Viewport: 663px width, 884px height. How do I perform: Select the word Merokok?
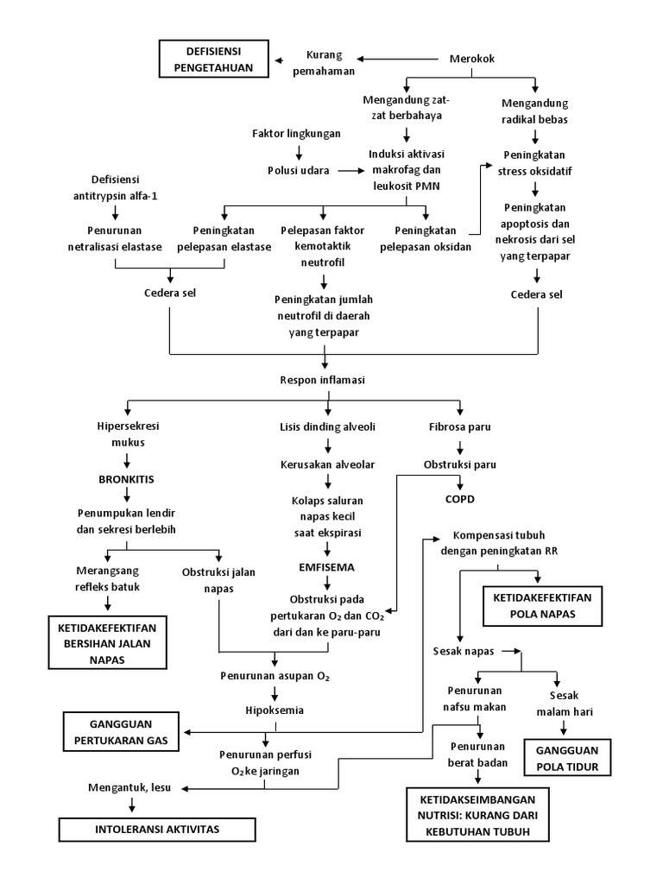pyautogui.click(x=472, y=59)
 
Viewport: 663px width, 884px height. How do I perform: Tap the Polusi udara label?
pyautogui.click(x=298, y=170)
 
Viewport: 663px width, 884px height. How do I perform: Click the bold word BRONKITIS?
pyautogui.click(x=128, y=477)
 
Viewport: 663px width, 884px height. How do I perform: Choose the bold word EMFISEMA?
pyautogui.click(x=326, y=567)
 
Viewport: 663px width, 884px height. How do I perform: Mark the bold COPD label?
pyautogui.click(x=460, y=499)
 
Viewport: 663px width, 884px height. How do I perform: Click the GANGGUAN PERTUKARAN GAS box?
pyautogui.click(x=120, y=732)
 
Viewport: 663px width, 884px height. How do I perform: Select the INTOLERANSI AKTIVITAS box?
pyautogui.click(x=157, y=830)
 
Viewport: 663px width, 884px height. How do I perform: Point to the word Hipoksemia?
pyautogui.click(x=275, y=710)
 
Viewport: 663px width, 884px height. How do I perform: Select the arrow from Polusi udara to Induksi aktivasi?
pyautogui.click(x=350, y=170)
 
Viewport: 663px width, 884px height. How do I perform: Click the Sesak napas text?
pyautogui.click(x=464, y=651)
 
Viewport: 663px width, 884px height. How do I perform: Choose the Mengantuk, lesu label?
pyautogui.click(x=129, y=787)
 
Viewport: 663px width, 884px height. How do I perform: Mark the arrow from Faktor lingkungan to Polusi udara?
pyautogui.click(x=298, y=152)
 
